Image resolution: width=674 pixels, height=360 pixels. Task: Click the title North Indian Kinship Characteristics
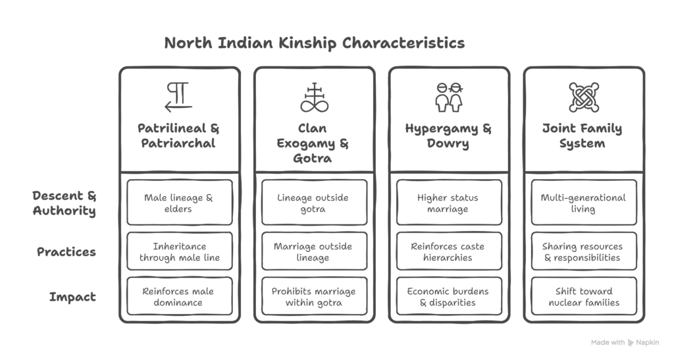click(x=314, y=43)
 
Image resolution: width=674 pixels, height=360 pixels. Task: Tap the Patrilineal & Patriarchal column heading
click(x=178, y=136)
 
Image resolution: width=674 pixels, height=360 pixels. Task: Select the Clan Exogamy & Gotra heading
click(x=313, y=143)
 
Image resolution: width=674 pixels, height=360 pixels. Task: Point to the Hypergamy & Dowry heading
click(x=448, y=136)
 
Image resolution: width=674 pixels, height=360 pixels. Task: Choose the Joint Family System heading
click(x=583, y=136)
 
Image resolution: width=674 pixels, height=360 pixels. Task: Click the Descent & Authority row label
click(x=65, y=203)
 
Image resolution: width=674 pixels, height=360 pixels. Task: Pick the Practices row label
click(x=66, y=252)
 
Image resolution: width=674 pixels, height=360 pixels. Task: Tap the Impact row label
click(x=72, y=297)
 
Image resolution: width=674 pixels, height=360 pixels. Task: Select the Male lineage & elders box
click(x=180, y=202)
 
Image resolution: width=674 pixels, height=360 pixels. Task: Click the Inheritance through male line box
click(x=180, y=251)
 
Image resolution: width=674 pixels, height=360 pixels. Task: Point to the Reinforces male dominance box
click(x=180, y=296)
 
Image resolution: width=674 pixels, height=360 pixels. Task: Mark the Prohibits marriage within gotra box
click(x=314, y=296)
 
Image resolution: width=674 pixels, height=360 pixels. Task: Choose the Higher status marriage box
click(x=449, y=202)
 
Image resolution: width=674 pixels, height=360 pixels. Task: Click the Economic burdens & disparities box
click(x=449, y=296)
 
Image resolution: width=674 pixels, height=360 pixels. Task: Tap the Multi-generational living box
click(x=584, y=202)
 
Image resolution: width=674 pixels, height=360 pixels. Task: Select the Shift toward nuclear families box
click(x=584, y=296)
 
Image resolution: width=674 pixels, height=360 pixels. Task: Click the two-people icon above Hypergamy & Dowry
click(x=449, y=97)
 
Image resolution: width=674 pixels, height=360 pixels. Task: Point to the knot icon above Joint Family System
click(x=584, y=97)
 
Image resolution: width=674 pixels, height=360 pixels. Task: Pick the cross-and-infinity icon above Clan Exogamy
click(x=314, y=97)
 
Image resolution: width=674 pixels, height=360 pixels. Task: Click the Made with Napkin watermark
click(x=625, y=342)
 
